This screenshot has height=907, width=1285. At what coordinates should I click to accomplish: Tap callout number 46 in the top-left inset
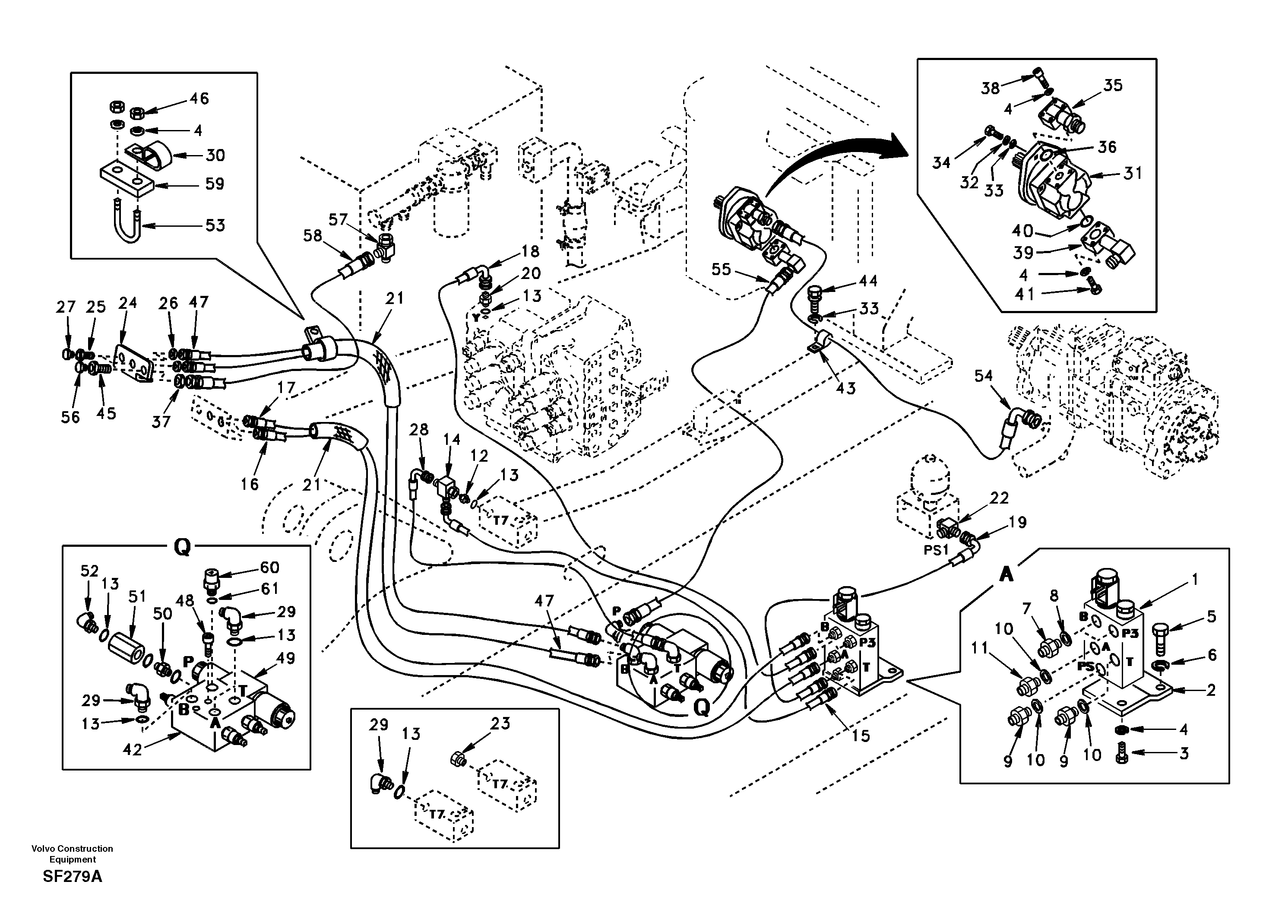199,98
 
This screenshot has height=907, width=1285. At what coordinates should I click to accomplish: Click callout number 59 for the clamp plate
215,184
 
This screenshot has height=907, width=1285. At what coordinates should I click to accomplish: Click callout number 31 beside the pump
1132,174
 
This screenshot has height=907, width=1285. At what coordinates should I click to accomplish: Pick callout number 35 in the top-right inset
1113,86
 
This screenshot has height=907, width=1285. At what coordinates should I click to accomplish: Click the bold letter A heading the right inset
1006,574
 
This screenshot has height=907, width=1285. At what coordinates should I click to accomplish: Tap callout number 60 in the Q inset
270,568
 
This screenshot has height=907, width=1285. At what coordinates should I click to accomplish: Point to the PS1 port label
936,550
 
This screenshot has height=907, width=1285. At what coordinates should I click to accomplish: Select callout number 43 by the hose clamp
846,387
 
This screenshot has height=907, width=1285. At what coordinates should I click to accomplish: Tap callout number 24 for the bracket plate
128,303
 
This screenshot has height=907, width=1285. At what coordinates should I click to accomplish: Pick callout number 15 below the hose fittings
861,736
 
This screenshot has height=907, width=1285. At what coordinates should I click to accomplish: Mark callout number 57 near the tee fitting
338,219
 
